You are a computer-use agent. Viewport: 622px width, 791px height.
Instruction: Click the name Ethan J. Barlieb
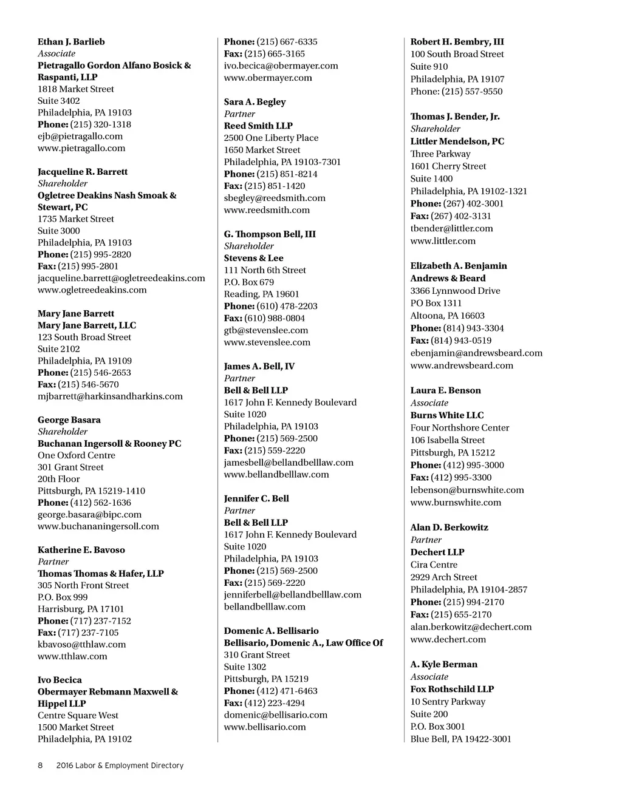click(71, 42)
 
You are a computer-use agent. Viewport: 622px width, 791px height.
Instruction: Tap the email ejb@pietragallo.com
click(80, 136)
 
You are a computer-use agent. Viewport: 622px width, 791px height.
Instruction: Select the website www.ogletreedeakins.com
click(92, 290)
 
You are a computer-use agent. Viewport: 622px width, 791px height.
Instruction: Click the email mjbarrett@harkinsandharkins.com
click(110, 396)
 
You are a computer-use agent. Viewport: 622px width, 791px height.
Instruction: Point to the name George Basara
click(69, 420)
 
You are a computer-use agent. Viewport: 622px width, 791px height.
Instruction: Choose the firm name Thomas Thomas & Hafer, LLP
click(101, 574)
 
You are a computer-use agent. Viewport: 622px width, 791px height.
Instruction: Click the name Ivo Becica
click(60, 680)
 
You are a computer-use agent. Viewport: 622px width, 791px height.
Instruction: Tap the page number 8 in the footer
click(40, 766)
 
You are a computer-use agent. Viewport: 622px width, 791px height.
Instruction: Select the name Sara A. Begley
click(255, 102)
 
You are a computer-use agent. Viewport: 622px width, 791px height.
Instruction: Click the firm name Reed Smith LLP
click(258, 126)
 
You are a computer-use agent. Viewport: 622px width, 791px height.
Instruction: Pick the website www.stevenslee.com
click(267, 342)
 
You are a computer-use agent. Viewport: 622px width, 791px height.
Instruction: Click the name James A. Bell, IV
click(259, 366)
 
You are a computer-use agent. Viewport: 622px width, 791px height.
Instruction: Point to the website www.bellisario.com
click(265, 727)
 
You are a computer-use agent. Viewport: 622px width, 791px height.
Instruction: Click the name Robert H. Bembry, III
click(457, 42)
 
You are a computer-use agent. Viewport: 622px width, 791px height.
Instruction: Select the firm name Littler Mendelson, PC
click(457, 141)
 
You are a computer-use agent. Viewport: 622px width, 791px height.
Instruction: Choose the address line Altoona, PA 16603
click(447, 316)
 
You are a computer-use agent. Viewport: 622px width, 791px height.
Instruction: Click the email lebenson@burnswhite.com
click(466, 490)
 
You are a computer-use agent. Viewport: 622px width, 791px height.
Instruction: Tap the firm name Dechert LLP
click(437, 552)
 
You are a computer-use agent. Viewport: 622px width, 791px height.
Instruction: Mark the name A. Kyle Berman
click(443, 664)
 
